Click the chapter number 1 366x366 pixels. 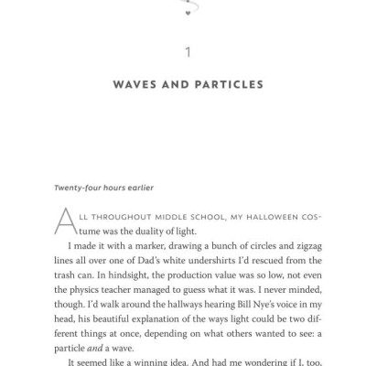click(187, 52)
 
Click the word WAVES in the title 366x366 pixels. click(135, 85)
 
